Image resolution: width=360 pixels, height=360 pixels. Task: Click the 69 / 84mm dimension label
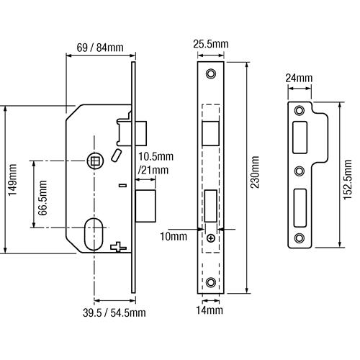click(x=100, y=48)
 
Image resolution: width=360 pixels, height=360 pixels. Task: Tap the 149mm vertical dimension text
click(x=12, y=180)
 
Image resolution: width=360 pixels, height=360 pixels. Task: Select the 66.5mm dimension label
click(x=42, y=197)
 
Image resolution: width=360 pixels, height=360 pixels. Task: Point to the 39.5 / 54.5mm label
click(x=114, y=312)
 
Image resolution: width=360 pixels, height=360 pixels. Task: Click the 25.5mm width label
click(x=211, y=44)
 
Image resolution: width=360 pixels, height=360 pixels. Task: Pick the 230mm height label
click(x=255, y=172)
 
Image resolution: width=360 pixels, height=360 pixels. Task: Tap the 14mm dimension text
click(x=210, y=310)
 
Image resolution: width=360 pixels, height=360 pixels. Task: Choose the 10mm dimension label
click(x=174, y=237)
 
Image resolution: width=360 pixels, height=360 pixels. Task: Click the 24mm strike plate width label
click(x=299, y=78)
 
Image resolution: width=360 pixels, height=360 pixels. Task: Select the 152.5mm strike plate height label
click(x=348, y=179)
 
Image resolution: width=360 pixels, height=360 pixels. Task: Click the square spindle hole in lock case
click(x=95, y=161)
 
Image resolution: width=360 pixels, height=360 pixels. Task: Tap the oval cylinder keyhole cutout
click(x=94, y=234)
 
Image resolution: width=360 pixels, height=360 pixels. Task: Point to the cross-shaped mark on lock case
click(x=118, y=247)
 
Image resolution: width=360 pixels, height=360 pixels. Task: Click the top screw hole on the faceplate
click(x=211, y=73)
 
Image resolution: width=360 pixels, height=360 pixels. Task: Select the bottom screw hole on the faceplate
click(x=211, y=282)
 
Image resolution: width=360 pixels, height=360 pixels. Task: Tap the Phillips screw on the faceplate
click(x=211, y=238)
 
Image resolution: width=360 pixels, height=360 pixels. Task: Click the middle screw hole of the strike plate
click(x=300, y=171)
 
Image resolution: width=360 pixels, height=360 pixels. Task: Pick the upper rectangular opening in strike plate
click(x=300, y=138)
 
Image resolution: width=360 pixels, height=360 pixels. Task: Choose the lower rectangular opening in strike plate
click(x=300, y=208)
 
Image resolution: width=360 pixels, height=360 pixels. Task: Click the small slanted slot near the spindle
click(x=116, y=155)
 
